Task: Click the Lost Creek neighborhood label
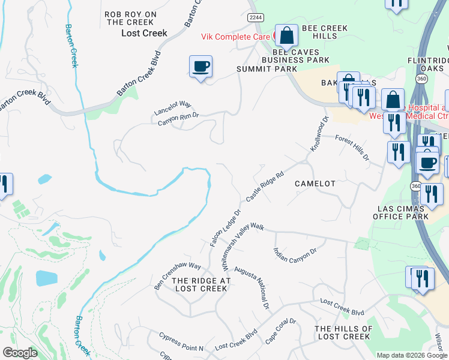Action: click(144, 33)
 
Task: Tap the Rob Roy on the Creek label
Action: click(130, 18)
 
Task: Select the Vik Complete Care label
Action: click(235, 37)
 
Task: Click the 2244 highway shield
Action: click(255, 18)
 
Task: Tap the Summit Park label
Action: click(267, 69)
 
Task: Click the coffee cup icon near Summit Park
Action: click(200, 66)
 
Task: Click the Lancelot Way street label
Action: click(172, 108)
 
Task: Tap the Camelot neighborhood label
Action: click(315, 183)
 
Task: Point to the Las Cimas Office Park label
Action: click(401, 212)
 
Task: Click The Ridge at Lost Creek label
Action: click(200, 284)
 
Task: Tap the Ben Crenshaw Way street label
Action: click(177, 275)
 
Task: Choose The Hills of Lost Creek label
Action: click(343, 332)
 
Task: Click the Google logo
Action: click(20, 353)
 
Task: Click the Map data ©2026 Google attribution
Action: click(411, 355)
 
